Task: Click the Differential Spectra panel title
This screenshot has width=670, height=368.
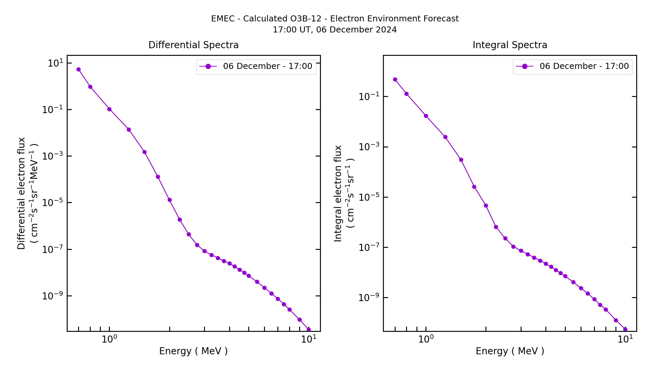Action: (193, 45)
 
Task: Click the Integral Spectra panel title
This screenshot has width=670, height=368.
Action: (510, 45)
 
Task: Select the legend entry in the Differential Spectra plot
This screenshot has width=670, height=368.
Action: (256, 66)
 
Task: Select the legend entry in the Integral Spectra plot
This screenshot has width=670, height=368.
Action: (573, 66)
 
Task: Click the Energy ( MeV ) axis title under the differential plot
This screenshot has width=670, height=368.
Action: (193, 351)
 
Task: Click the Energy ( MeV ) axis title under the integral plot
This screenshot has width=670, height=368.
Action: (510, 351)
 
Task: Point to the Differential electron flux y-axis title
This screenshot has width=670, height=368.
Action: (21, 193)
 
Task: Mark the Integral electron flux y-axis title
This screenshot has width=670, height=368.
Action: (338, 193)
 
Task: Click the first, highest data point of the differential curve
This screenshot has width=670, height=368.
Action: (78, 70)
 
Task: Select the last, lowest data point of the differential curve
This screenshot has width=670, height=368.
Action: (309, 330)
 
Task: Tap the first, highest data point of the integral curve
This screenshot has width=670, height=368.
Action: (395, 80)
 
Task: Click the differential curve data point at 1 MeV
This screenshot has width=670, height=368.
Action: (109, 109)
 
